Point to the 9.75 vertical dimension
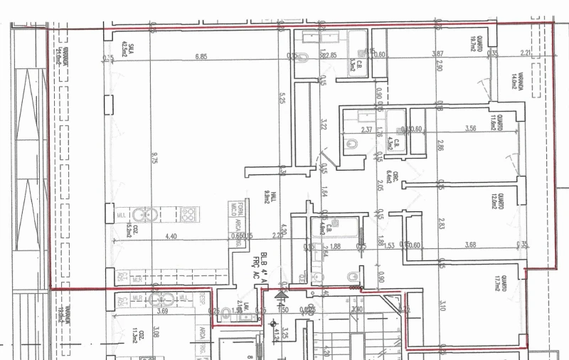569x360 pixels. coord(154,159)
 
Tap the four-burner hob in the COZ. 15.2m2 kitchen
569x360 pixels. coord(188,213)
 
